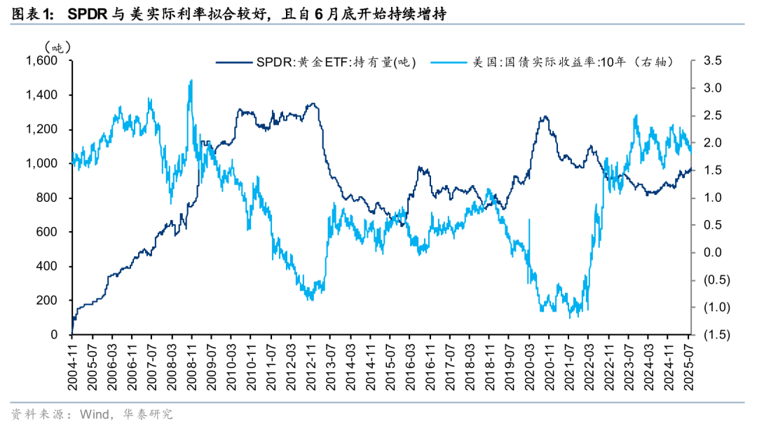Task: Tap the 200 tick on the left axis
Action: [47, 300]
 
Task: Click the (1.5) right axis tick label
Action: [714, 334]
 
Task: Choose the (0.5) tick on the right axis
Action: [714, 280]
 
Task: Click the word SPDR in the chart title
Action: [86, 13]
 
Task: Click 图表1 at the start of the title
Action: [32, 13]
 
